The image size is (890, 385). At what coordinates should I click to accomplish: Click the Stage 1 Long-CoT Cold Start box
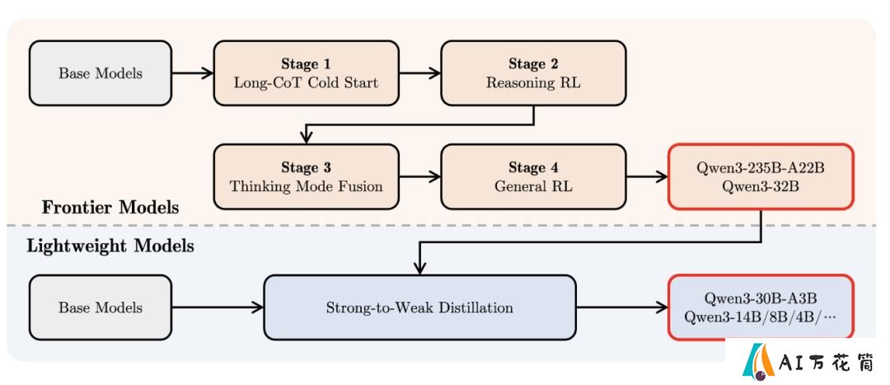pyautogui.click(x=306, y=73)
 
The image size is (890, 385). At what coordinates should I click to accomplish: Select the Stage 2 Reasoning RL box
pyautogui.click(x=533, y=73)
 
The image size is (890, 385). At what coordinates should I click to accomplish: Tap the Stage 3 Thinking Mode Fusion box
pyautogui.click(x=306, y=176)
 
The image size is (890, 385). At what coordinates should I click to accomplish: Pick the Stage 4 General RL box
pyautogui.click(x=533, y=176)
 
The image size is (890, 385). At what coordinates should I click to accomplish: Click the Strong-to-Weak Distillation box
pyautogui.click(x=419, y=308)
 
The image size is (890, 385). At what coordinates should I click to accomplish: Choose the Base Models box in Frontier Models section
pyautogui.click(x=101, y=73)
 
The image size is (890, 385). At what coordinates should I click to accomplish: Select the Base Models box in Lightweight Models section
pyautogui.click(x=101, y=308)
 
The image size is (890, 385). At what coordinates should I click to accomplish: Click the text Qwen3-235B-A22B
pyautogui.click(x=761, y=169)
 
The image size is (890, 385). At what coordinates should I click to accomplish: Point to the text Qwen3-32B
pyautogui.click(x=761, y=186)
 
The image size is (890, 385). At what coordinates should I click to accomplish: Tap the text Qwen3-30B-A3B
pyautogui.click(x=761, y=298)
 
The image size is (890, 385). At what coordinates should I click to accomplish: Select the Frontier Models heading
pyautogui.click(x=110, y=207)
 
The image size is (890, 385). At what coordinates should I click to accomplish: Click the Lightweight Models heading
pyautogui.click(x=110, y=246)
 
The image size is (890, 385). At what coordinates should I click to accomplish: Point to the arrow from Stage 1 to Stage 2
pyautogui.click(x=420, y=73)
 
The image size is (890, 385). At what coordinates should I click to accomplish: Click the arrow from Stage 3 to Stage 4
pyautogui.click(x=420, y=176)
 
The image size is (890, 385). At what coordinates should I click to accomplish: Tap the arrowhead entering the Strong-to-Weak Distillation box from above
pyautogui.click(x=419, y=268)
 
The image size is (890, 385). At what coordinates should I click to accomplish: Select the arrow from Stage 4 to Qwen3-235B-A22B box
pyautogui.click(x=647, y=176)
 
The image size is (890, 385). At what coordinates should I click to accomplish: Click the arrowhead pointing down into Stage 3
pyautogui.click(x=306, y=137)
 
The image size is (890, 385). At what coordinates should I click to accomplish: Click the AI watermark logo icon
pyautogui.click(x=758, y=361)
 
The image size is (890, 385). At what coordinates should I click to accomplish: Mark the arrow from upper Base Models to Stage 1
pyautogui.click(x=192, y=73)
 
